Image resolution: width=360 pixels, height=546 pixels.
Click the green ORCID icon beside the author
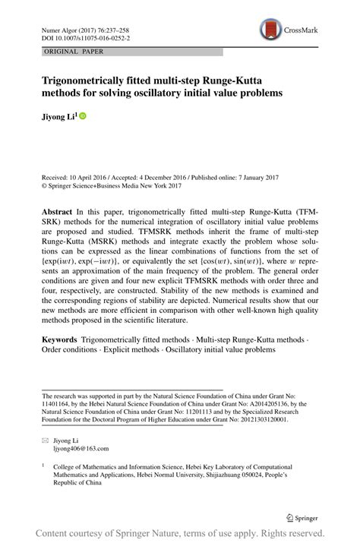coord(83,116)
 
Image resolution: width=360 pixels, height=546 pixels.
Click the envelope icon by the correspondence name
coord(46,440)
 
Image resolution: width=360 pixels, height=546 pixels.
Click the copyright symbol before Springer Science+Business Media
coord(46,185)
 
